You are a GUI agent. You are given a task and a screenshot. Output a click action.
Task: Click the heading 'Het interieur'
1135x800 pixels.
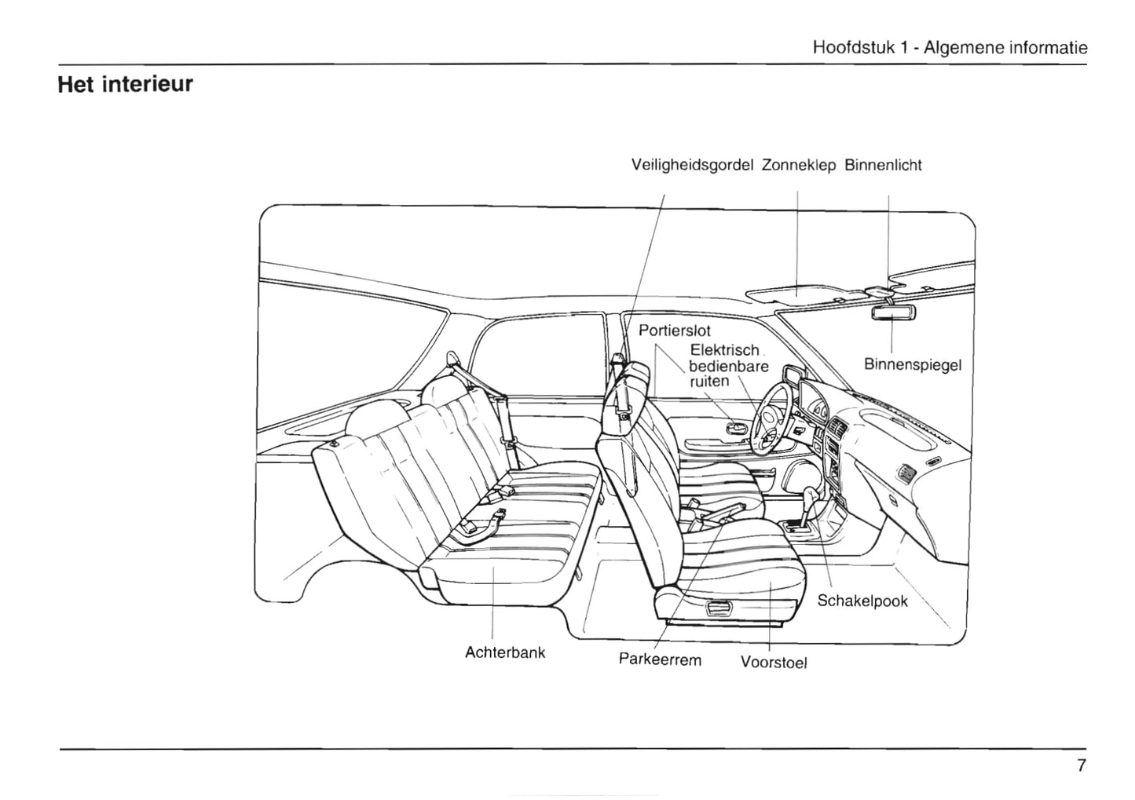[125, 84]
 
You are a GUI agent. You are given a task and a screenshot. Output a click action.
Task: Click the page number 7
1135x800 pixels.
[1081, 766]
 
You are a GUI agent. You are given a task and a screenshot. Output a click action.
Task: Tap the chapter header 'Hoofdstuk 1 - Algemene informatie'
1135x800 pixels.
[950, 47]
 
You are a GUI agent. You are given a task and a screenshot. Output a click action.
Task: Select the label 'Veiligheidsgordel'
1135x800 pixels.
[692, 166]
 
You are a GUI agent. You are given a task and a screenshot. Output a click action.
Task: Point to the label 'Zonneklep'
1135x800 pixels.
[798, 166]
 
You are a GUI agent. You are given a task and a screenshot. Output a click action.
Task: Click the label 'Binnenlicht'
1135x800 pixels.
[883, 166]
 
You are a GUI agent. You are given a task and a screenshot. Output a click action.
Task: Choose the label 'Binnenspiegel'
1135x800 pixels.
[912, 365]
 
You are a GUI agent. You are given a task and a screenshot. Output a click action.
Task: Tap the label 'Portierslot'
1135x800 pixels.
[674, 331]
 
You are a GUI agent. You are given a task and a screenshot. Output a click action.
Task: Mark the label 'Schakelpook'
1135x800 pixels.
[862, 601]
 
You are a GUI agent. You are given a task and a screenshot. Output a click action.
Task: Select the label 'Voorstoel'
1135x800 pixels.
[774, 663]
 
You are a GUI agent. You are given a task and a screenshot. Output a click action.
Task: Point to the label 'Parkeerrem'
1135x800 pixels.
[660, 659]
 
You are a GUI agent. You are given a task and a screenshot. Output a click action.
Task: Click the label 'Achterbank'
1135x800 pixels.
[505, 652]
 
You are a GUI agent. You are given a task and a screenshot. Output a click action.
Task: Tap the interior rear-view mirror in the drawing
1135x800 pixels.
[893, 312]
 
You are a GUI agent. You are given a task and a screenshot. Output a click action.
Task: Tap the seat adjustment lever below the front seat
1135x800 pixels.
[716, 608]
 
